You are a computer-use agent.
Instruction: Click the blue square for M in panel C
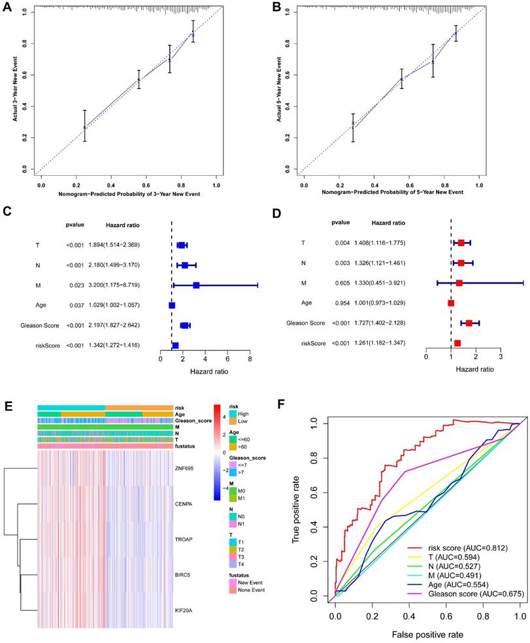[x=196, y=285]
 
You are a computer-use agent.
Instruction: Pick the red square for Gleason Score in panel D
[x=469, y=323]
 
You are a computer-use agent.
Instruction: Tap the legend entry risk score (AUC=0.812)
[x=458, y=546]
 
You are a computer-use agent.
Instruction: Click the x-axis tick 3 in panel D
[x=501, y=357]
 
